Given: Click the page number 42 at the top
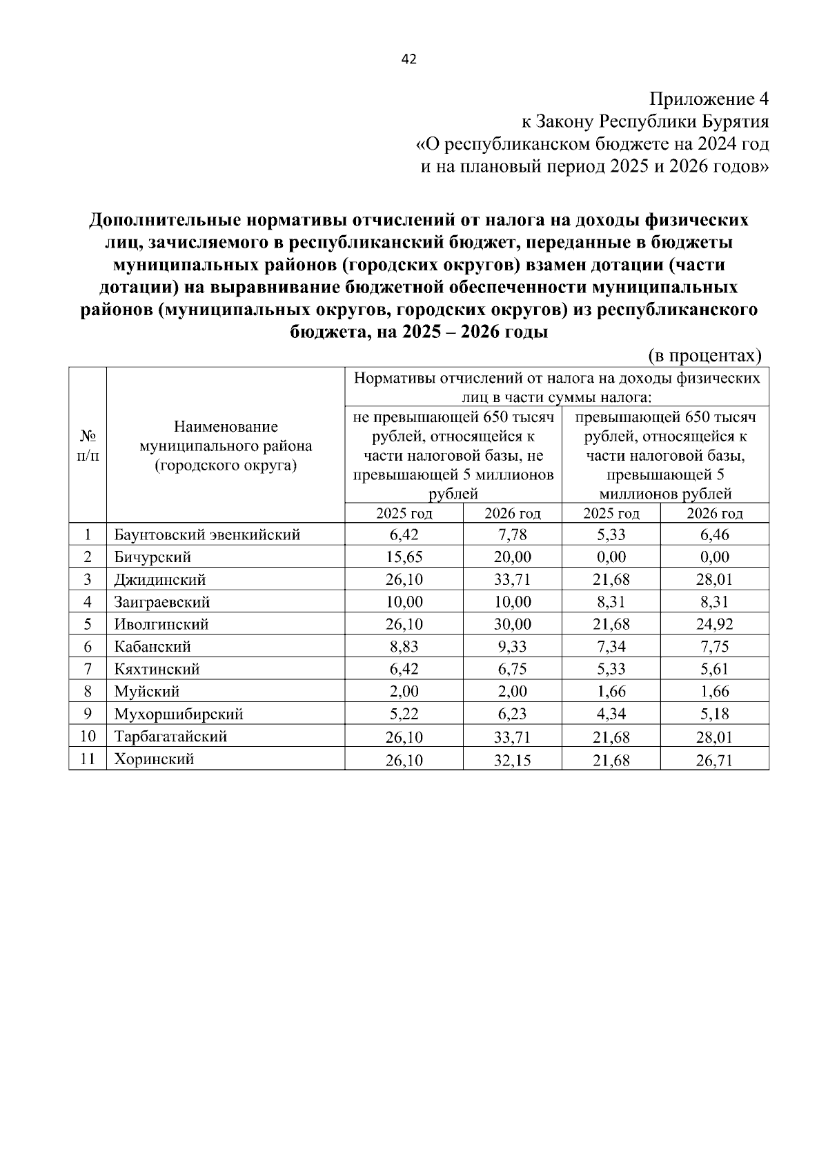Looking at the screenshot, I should pyautogui.click(x=408, y=59).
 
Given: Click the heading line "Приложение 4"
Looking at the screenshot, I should pyautogui.click(x=709, y=99).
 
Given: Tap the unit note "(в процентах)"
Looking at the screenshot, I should pyautogui.click(x=704, y=356).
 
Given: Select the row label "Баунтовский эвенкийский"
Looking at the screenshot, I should pyautogui.click(x=207, y=534).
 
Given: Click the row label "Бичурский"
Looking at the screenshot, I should pyautogui.click(x=152, y=557).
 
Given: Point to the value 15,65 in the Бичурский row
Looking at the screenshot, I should pyautogui.click(x=404, y=557).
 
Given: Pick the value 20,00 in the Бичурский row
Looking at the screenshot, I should pyautogui.click(x=512, y=557).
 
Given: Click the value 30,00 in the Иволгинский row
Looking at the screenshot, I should pyautogui.click(x=512, y=624).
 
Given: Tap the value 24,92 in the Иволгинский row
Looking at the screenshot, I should pyautogui.click(x=714, y=624).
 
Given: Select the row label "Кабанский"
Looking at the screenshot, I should pyautogui.click(x=152, y=647).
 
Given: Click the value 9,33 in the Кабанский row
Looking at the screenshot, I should pyautogui.click(x=512, y=647).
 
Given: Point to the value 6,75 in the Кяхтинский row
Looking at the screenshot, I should pyautogui.click(x=512, y=669).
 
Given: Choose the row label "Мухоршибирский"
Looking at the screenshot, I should pyautogui.click(x=179, y=714).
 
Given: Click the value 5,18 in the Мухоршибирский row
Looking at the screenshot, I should pyautogui.click(x=714, y=714).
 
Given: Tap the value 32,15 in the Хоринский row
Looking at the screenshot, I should pyautogui.click(x=512, y=760).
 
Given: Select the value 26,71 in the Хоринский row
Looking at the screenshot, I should pyautogui.click(x=714, y=760).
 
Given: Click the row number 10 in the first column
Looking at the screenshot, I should pyautogui.click(x=88, y=737).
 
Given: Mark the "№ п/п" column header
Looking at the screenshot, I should pyautogui.click(x=88, y=446).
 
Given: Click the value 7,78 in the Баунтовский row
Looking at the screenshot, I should pyautogui.click(x=512, y=534).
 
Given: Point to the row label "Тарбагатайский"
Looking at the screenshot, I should pyautogui.click(x=170, y=737).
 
